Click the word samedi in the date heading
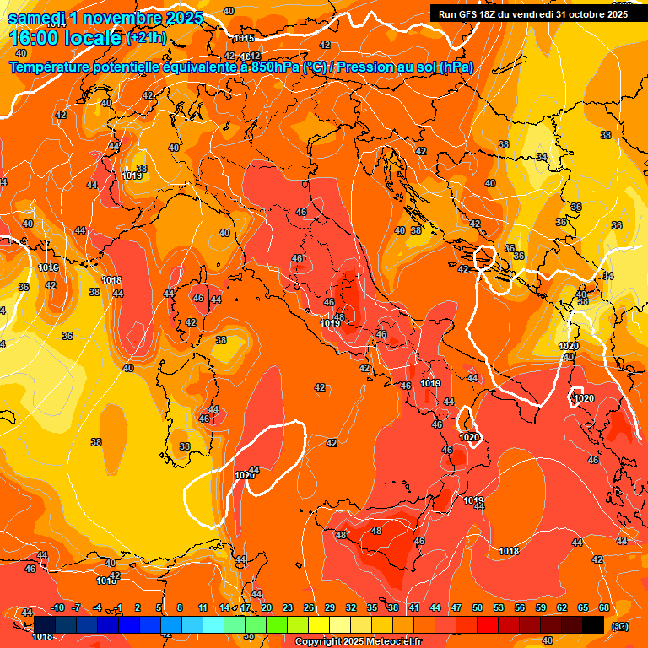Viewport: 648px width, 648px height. click(38, 18)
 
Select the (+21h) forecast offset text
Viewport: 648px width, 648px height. click(146, 38)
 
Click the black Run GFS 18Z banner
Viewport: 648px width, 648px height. click(533, 13)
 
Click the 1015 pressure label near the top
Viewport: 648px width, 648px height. click(244, 38)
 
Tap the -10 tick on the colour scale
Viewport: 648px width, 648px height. click(57, 607)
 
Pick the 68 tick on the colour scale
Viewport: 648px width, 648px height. click(604, 607)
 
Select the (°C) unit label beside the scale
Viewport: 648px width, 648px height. click(620, 626)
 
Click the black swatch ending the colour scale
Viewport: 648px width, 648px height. click(593, 624)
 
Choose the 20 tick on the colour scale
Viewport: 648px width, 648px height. click(267, 607)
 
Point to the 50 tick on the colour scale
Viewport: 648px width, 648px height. click(478, 607)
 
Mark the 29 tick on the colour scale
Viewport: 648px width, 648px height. click(330, 607)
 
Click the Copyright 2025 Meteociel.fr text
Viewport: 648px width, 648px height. click(358, 642)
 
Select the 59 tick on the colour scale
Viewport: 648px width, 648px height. click(541, 607)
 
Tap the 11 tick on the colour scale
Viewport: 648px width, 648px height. click(203, 607)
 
